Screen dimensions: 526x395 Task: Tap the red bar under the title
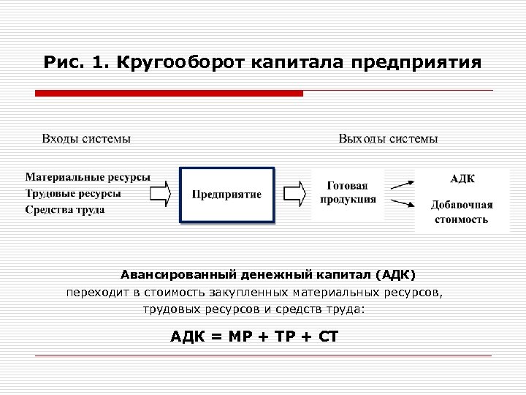click(169, 94)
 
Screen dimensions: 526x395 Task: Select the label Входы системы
click(86, 138)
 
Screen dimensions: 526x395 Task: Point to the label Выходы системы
click(389, 138)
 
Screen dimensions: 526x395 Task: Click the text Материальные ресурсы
click(88, 177)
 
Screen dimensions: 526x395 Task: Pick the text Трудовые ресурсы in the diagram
click(73, 193)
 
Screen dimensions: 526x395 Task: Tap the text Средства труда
click(65, 209)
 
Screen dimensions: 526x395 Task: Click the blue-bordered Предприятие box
click(226, 195)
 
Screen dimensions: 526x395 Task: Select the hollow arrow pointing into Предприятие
click(160, 194)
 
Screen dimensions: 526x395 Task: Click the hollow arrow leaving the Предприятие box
click(294, 194)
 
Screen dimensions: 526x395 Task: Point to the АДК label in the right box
click(462, 178)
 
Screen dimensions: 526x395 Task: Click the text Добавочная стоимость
click(462, 211)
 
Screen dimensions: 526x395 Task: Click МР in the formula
click(238, 336)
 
